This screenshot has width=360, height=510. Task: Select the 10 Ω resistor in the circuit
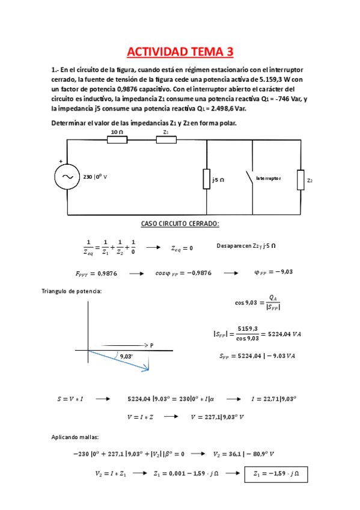coord(117,140)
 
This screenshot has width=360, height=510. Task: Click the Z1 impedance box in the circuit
coord(166,140)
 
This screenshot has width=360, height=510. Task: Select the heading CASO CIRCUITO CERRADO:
coord(180,224)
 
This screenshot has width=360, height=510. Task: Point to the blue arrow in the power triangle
coord(120,361)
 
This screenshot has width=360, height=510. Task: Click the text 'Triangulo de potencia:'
coord(72,291)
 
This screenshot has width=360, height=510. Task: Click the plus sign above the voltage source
coord(60,161)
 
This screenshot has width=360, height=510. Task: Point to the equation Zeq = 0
coord(182,247)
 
